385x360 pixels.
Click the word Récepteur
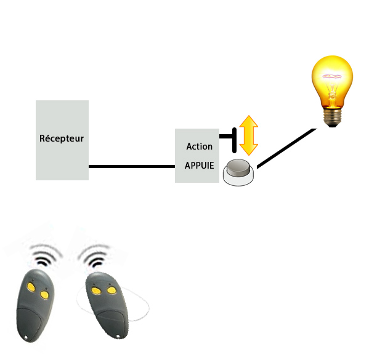point(62,138)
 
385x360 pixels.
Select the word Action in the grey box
point(199,147)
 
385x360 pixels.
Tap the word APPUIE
point(199,166)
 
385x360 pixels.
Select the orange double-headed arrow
point(248,135)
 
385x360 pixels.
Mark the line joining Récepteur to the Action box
point(132,166)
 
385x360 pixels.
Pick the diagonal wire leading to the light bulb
point(286,148)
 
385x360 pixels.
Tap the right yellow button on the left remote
point(44,295)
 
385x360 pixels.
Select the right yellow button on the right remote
point(111,290)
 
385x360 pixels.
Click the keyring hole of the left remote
point(26,339)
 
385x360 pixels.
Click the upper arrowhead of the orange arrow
point(248,121)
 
